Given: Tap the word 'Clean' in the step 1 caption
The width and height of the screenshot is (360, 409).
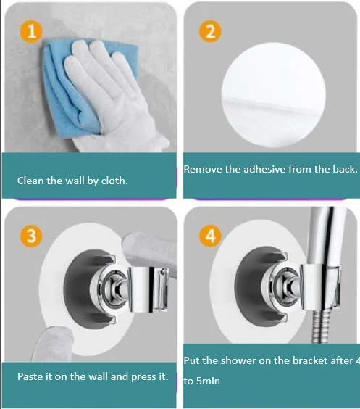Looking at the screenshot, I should pyautogui.click(x=32, y=181).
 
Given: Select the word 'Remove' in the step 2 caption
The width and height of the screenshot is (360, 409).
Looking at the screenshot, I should pyautogui.click(x=203, y=169).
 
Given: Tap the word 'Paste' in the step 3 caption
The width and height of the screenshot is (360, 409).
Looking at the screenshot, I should pyautogui.click(x=31, y=377).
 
